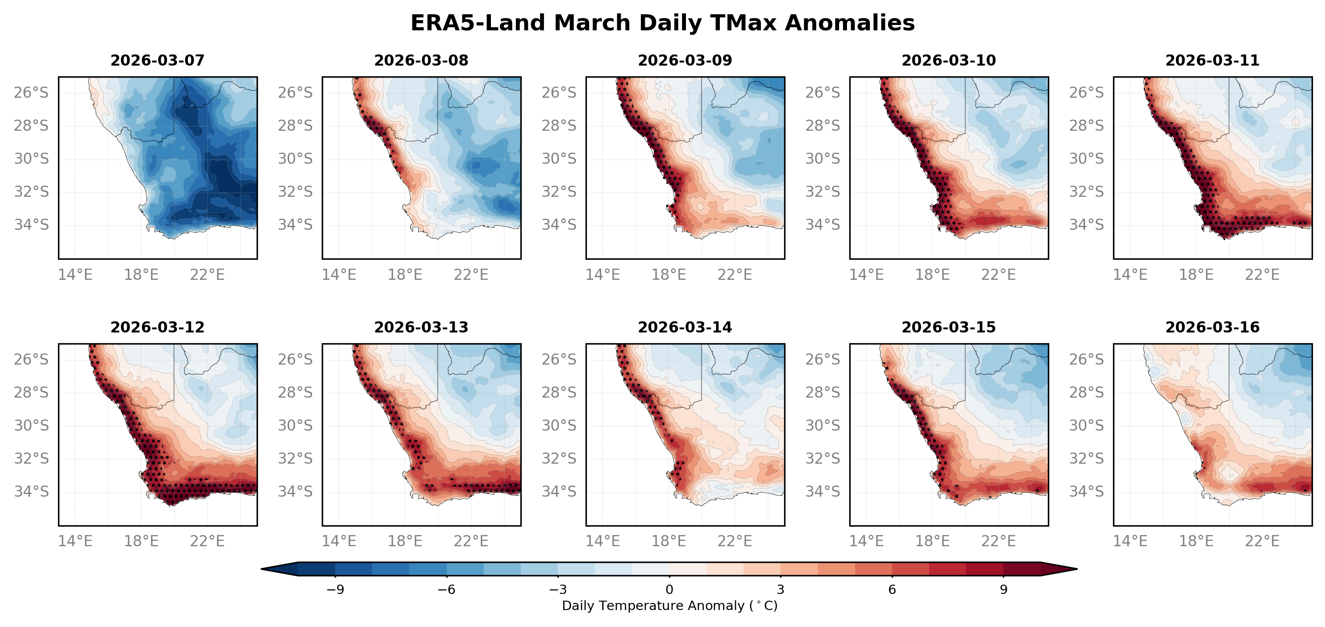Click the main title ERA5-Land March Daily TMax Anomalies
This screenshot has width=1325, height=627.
point(662,23)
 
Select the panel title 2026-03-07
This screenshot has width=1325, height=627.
point(158,61)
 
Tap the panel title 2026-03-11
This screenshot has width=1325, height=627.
point(1213,61)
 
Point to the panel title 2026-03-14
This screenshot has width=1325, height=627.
point(685,328)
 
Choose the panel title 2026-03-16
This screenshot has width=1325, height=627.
point(1213,328)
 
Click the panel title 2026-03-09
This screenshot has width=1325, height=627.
point(685,61)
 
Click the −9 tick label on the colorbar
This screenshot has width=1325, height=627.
point(335,590)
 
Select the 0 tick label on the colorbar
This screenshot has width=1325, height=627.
point(669,590)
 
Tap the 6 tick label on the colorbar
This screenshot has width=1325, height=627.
point(892,590)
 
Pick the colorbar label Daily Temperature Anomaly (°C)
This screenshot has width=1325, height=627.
point(669,606)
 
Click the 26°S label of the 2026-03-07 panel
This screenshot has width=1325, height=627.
point(31,92)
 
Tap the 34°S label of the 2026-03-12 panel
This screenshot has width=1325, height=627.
point(31,492)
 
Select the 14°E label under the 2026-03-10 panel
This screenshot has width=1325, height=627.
point(866,274)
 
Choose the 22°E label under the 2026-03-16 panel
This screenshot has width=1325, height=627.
point(1262,541)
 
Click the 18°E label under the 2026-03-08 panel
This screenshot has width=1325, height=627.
point(405,274)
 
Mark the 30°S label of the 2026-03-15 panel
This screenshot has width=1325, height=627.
point(822,426)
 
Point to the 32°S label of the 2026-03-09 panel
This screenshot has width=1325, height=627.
point(559,192)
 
